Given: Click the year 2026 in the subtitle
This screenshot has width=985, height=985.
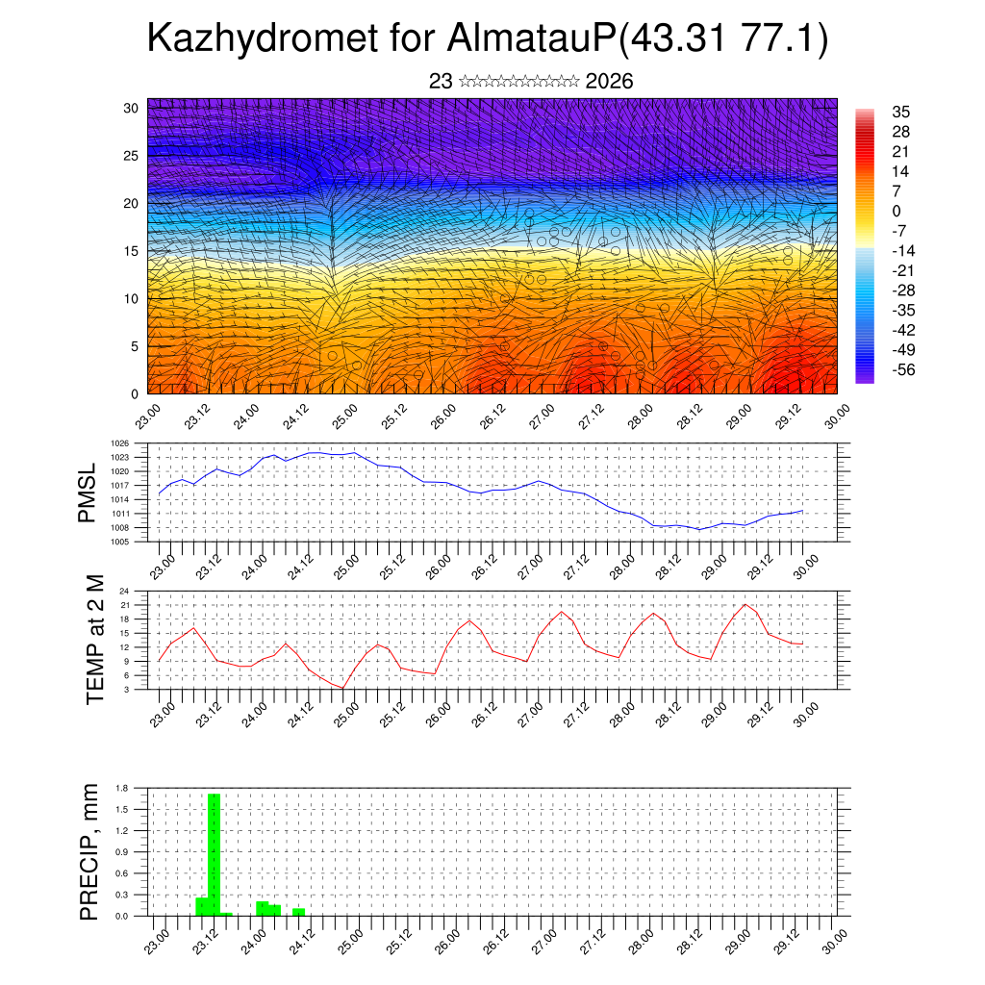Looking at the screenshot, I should coord(609,82).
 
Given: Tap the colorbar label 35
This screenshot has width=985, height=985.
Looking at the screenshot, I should coord(901,112).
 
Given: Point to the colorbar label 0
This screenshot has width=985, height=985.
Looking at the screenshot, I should coord(897,211).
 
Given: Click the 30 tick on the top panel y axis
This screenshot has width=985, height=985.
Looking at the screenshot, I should coord(131,108).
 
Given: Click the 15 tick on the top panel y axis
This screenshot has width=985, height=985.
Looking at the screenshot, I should coord(131,251).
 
